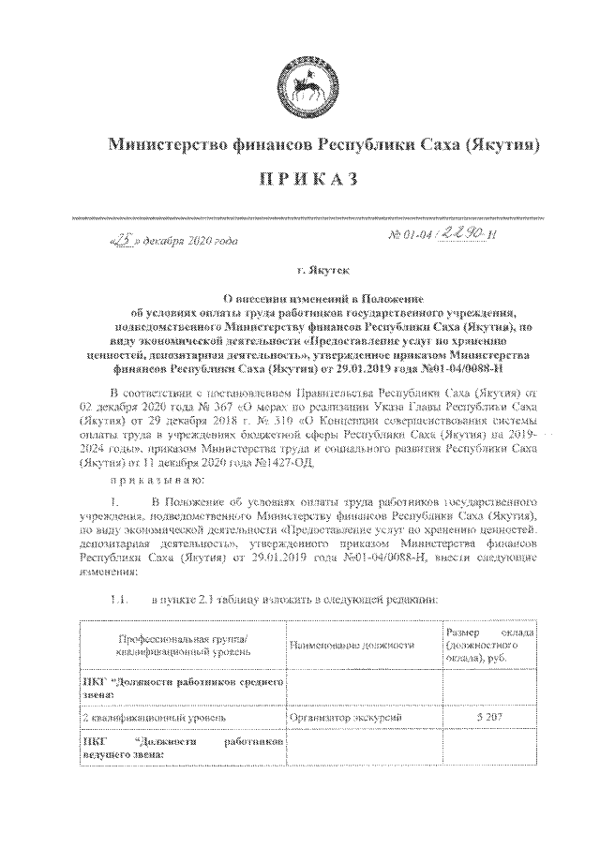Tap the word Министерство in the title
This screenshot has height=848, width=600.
click(168, 145)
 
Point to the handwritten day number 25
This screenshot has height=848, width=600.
click(121, 239)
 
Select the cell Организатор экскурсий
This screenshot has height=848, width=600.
click(347, 717)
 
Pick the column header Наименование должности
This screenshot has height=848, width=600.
click(352, 646)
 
